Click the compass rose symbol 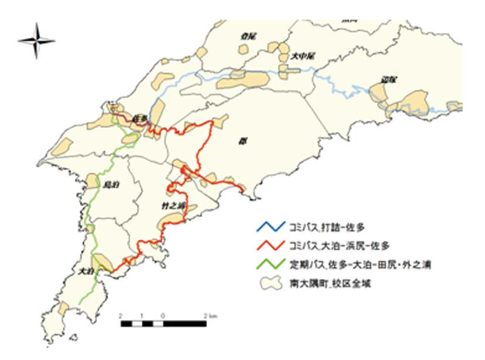(36, 40)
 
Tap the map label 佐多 (138, 118)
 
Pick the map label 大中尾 (303, 57)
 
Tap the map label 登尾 (248, 36)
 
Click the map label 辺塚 (388, 79)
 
